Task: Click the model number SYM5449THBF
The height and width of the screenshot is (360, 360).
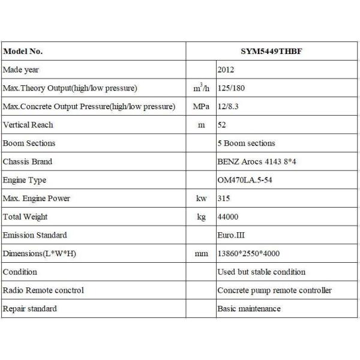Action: pos(272,52)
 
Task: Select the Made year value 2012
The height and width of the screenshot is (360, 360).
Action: pos(227,70)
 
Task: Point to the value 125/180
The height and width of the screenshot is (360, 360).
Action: pos(232,88)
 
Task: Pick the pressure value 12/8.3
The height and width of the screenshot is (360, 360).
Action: pos(229,107)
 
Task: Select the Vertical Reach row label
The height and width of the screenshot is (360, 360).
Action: pos(28,125)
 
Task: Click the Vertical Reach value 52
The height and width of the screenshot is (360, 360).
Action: pos(222,125)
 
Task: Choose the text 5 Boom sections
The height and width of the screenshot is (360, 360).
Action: pos(246,143)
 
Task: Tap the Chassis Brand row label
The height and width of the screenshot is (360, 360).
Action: pos(28,161)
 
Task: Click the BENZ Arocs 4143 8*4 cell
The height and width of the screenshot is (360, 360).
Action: pos(257,161)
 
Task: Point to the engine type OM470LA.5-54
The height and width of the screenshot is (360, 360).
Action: pos(245,180)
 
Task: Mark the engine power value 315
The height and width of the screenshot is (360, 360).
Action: pos(224,199)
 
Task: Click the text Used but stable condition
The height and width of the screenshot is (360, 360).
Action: pos(261,272)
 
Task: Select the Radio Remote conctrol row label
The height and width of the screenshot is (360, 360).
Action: pos(43,290)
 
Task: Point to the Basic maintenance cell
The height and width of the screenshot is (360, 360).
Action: pos(248,308)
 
